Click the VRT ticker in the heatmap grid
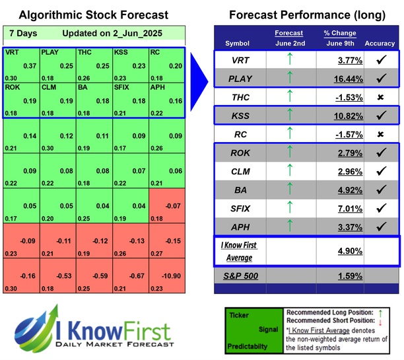[12, 52]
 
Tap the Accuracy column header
[380, 44]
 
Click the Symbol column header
[238, 44]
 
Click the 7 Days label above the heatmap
[24, 33]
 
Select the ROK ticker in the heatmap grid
[12, 87]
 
